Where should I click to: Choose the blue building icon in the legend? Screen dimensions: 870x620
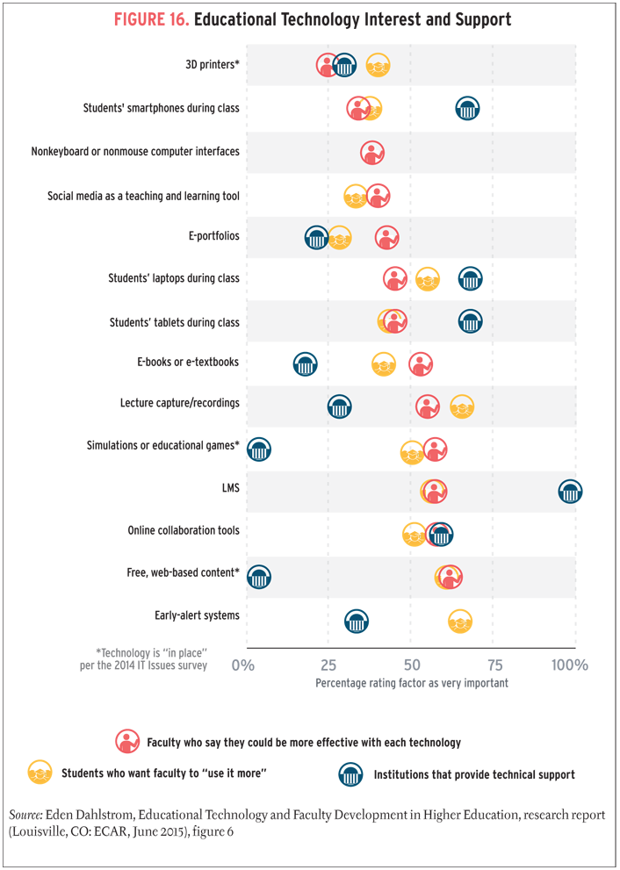pyautogui.click(x=342, y=776)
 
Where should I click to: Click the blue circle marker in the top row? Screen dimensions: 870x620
pyautogui.click(x=344, y=65)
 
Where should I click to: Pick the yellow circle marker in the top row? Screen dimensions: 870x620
pyautogui.click(x=378, y=65)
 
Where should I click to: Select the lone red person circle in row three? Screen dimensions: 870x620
pyautogui.click(x=373, y=153)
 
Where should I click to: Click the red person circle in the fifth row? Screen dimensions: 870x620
pyautogui.click(x=386, y=237)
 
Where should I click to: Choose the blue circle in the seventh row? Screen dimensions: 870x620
pyautogui.click(x=471, y=321)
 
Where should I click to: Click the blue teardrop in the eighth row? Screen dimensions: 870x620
pyautogui.click(x=300, y=364)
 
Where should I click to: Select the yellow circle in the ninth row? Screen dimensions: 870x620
pyautogui.click(x=462, y=406)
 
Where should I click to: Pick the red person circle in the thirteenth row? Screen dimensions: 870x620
pyautogui.click(x=450, y=577)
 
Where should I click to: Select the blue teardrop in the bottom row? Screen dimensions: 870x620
pyautogui.click(x=360, y=621)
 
